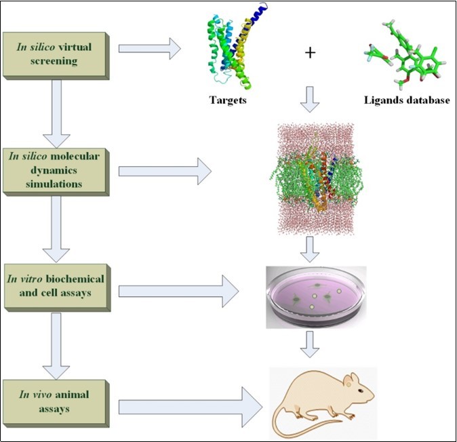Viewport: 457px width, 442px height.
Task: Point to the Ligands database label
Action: point(404,100)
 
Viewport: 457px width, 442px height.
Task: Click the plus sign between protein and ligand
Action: point(310,53)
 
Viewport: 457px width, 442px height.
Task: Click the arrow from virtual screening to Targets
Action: point(149,48)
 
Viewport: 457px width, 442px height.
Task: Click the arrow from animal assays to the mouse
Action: point(190,407)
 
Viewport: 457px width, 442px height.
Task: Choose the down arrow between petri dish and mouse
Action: point(310,344)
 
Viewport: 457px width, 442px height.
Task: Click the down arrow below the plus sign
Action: point(310,99)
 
